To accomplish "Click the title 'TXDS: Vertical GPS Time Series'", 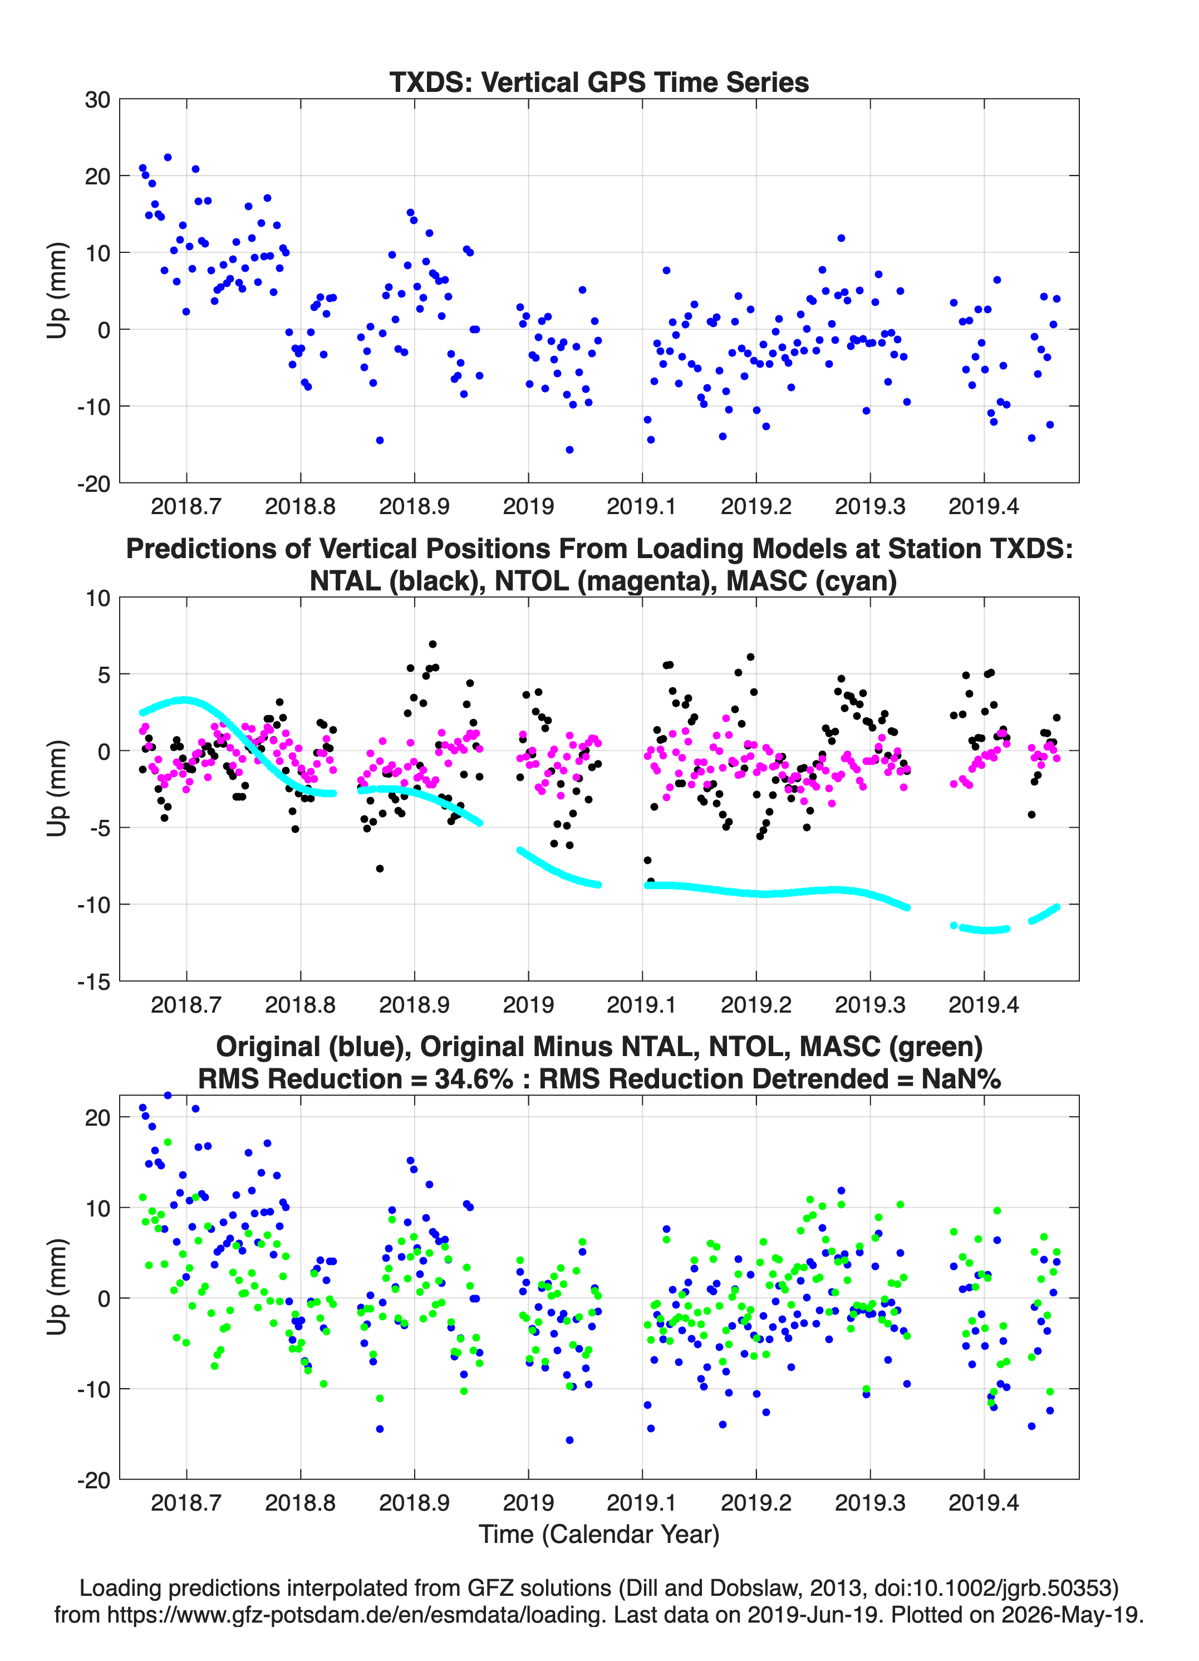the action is point(599,82).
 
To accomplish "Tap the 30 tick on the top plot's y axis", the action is point(97,100).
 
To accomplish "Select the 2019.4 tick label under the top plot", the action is point(984,506).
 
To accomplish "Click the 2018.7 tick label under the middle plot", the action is point(186,1005).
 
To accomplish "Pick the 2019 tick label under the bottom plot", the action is point(528,1503).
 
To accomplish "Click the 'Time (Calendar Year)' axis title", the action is point(599,1535).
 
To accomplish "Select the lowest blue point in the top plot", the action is point(569,450).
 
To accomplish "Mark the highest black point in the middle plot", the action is point(433,644).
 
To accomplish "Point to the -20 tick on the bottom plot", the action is point(94,1480).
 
